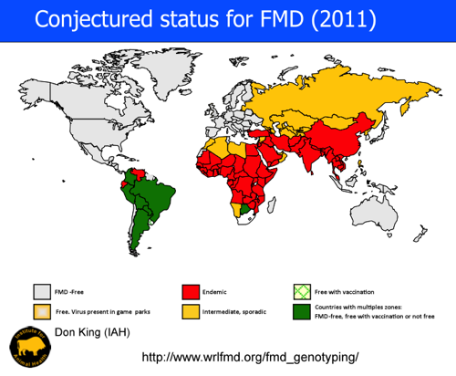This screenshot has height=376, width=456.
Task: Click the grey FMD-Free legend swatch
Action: [42, 291]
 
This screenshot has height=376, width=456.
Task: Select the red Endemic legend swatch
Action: [191, 291]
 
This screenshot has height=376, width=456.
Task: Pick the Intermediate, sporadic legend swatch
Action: [191, 312]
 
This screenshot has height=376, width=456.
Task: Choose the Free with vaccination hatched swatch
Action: [301, 291]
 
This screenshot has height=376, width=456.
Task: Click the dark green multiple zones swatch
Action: [301, 312]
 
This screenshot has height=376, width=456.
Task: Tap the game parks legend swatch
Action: [42, 312]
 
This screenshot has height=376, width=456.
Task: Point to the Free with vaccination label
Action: [347, 291]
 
